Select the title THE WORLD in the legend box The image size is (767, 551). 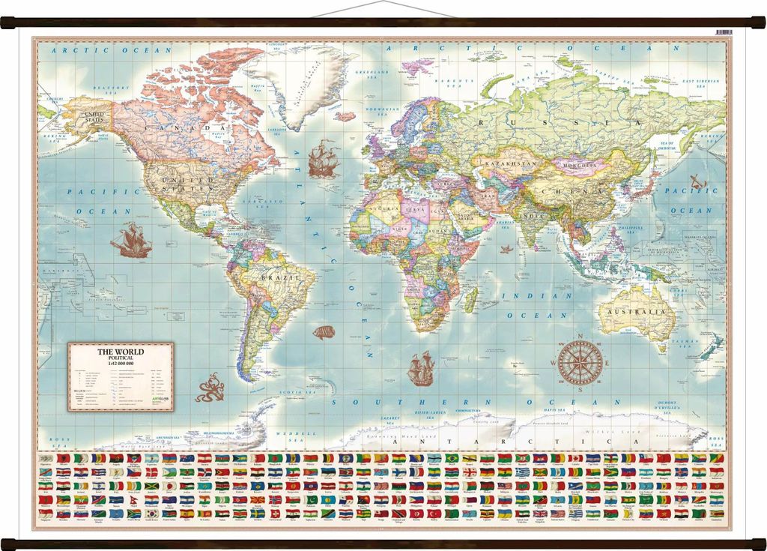click(121, 351)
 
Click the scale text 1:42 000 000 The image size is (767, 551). click(121, 364)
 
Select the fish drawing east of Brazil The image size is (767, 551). click(324, 331)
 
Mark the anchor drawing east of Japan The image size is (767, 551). click(698, 181)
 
